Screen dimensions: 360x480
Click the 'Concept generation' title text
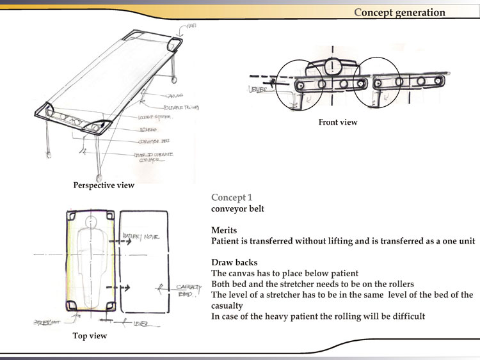[x=399, y=12]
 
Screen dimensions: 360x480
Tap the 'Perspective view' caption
[x=104, y=185]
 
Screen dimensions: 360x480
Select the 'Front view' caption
[x=338, y=122]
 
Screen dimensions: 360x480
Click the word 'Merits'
[x=225, y=230]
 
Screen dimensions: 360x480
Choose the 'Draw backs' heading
[x=235, y=262]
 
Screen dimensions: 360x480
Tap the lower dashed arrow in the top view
[x=120, y=288]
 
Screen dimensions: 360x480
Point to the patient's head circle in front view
[x=332, y=65]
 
